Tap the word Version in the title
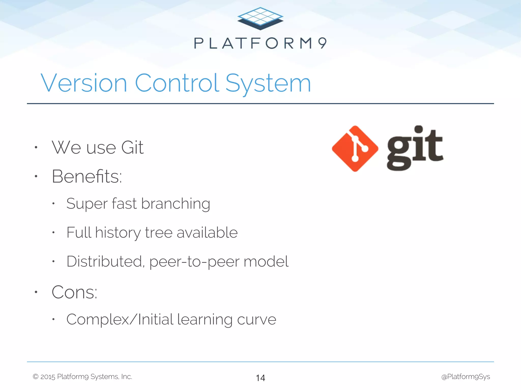pyautogui.click(x=84, y=83)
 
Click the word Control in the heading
pyautogui.click(x=177, y=83)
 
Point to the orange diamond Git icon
pyautogui.click(x=355, y=149)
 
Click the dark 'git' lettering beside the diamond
pyautogui.click(x=415, y=149)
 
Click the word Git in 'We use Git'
pyautogui.click(x=132, y=148)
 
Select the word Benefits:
pyautogui.click(x=87, y=176)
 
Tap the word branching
pyautogui.click(x=176, y=204)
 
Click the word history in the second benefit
pyautogui.click(x=118, y=233)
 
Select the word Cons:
pyautogui.click(x=74, y=292)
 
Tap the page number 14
pyautogui.click(x=260, y=378)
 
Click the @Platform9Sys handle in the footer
pyautogui.click(x=466, y=377)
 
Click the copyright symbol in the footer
pyautogui.click(x=36, y=377)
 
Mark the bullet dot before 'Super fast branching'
pyautogui.click(x=53, y=203)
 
